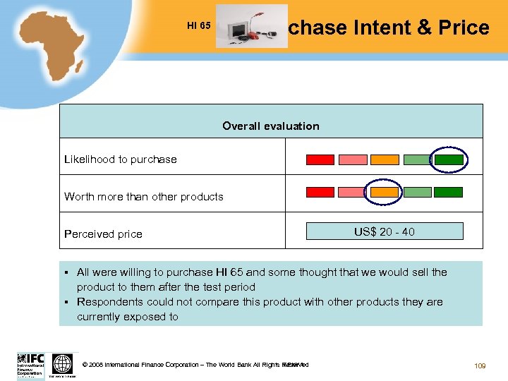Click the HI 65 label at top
pos(198,26)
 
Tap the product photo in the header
pos(251,26)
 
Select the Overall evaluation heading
pos(271,126)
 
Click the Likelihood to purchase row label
pos(121,159)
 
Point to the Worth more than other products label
pos(144,197)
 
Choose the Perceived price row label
pos(103,234)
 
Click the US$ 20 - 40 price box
pos(385,231)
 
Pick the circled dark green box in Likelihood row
pos(449,159)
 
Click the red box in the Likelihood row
pos(320,159)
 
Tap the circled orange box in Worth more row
pos(385,192)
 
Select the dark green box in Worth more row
pos(448,192)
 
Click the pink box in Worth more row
pos(352,192)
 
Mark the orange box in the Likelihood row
pos(385,159)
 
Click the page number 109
pos(480,365)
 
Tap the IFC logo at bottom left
pos(30,365)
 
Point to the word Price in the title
pos(464,28)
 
